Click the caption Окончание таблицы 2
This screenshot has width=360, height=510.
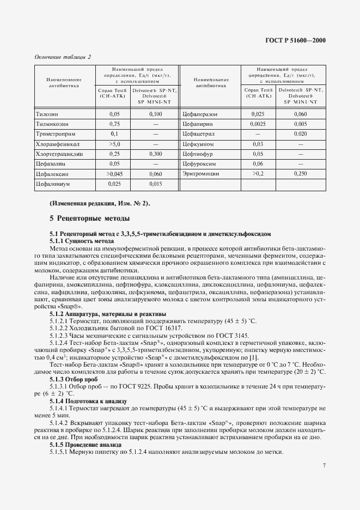[x=62, y=57]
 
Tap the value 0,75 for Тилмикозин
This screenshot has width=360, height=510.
[x=114, y=124]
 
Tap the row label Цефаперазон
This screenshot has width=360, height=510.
[x=200, y=114]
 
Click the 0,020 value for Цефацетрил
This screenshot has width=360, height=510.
[x=300, y=134]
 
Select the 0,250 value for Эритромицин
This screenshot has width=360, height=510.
[x=300, y=174]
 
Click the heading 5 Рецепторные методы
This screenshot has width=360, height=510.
[x=89, y=219]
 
